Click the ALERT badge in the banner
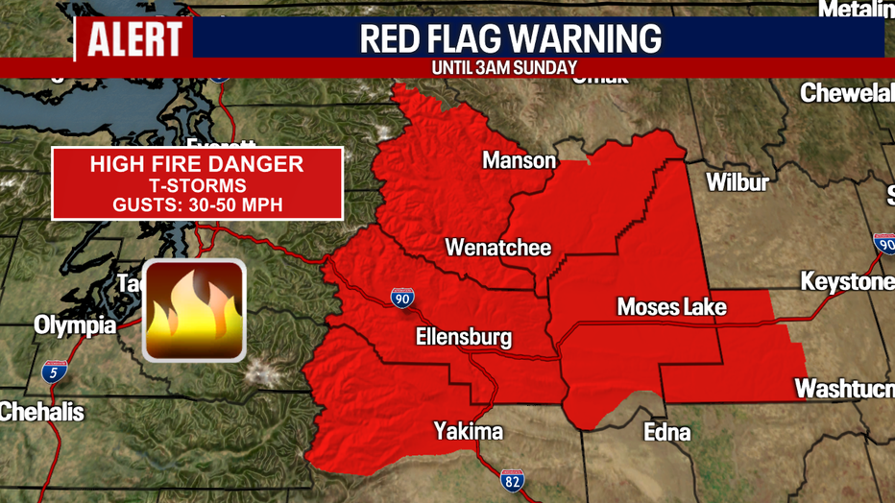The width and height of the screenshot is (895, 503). coord(134,38)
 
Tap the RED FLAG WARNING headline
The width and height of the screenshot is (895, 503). coord(510,38)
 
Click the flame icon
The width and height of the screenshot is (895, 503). coord(194,309)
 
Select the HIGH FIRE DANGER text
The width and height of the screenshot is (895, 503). coord(197,164)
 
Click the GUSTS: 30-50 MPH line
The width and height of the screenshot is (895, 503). coord(197,204)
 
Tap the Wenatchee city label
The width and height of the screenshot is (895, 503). coord(497,248)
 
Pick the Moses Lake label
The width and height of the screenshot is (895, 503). coord(671,307)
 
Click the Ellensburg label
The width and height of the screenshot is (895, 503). coord(463,337)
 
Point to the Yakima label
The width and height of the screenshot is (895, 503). coord(468,431)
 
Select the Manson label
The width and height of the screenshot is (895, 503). coord(519,160)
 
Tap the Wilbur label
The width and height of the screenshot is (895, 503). coord(737,181)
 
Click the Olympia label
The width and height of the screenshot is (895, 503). coord(75,325)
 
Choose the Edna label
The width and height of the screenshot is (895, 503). coord(666,432)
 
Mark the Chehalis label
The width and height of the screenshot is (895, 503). coord(42,413)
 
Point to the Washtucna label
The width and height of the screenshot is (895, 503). coord(844,389)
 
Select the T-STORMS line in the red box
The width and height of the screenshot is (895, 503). coord(197,185)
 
